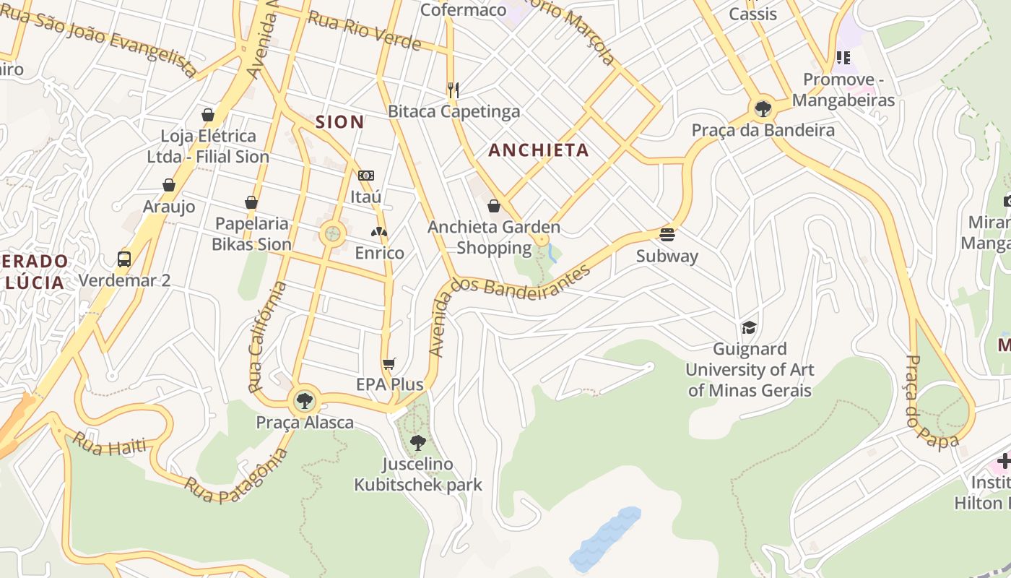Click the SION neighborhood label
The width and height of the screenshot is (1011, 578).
pyautogui.click(x=339, y=122)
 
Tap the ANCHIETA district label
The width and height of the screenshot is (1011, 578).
pyautogui.click(x=539, y=150)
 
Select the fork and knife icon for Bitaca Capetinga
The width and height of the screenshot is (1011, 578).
pyautogui.click(x=454, y=90)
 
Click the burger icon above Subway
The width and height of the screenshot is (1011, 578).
pyautogui.click(x=667, y=234)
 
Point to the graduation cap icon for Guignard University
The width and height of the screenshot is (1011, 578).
pyautogui.click(x=749, y=327)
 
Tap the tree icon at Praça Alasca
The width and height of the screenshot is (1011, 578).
pyautogui.click(x=305, y=400)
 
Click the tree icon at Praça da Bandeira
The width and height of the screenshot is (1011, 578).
pyautogui.click(x=763, y=109)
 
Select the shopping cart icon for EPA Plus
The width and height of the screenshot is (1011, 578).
pyautogui.click(x=389, y=363)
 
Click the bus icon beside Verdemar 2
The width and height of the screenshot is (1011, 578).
pyautogui.click(x=124, y=259)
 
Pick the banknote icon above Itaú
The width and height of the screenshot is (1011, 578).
pyautogui.click(x=366, y=176)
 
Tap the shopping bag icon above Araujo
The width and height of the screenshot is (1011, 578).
pyautogui.click(x=169, y=185)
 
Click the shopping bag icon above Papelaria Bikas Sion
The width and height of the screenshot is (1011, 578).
pyautogui.click(x=251, y=202)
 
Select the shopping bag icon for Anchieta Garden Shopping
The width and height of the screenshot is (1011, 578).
pyautogui.click(x=494, y=206)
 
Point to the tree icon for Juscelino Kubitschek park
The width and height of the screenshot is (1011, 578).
pyautogui.click(x=417, y=442)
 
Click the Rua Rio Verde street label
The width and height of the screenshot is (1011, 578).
pyautogui.click(x=365, y=30)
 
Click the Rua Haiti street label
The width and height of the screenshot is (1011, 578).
pyautogui.click(x=109, y=446)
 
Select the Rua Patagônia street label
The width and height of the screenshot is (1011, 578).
pyautogui.click(x=235, y=477)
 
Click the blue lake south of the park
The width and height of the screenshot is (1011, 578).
pyautogui.click(x=605, y=538)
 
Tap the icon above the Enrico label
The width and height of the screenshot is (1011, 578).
pyautogui.click(x=379, y=232)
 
